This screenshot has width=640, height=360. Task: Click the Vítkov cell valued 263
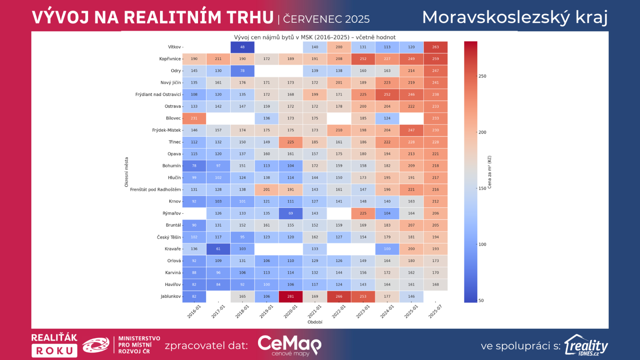click(x=435, y=47)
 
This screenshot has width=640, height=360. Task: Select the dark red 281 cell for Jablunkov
click(x=290, y=296)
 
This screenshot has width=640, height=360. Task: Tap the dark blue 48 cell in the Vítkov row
click(x=242, y=47)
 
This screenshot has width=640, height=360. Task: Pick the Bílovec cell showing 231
click(x=194, y=118)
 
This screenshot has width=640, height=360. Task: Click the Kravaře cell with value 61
click(x=218, y=249)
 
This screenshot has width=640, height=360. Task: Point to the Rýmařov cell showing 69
click(x=290, y=213)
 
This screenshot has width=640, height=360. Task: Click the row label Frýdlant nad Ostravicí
click(x=158, y=95)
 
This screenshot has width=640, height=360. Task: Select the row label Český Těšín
click(x=169, y=237)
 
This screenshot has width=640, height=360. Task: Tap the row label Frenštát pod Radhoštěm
click(x=155, y=190)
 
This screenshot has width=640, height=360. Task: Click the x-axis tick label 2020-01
click(x=291, y=312)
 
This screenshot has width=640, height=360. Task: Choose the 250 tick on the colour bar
click(x=482, y=76)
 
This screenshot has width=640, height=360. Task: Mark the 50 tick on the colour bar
click(x=481, y=300)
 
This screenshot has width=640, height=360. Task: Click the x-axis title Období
click(x=315, y=322)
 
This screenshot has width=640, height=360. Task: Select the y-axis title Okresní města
click(x=126, y=172)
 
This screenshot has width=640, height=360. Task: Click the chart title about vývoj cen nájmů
click(x=315, y=37)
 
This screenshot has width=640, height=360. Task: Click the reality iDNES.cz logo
click(x=586, y=345)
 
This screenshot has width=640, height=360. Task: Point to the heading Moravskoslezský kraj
click(x=515, y=17)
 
